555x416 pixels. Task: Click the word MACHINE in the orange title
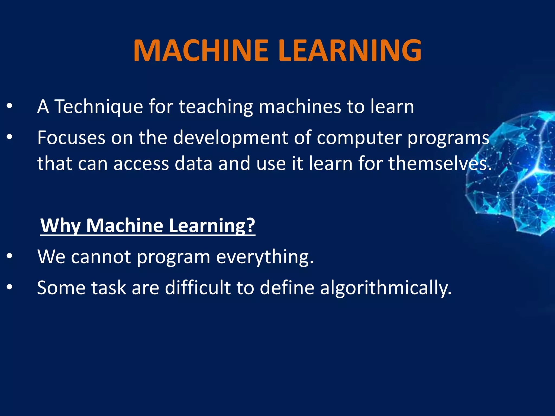201,51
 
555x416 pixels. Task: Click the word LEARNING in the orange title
350,51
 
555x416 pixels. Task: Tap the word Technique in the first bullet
99,107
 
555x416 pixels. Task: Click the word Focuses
71,138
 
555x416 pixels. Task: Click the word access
141,164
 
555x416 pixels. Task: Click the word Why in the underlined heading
60,226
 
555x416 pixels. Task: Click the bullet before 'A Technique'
9,106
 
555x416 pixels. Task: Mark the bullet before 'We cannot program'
9,256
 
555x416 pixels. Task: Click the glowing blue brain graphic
515,173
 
